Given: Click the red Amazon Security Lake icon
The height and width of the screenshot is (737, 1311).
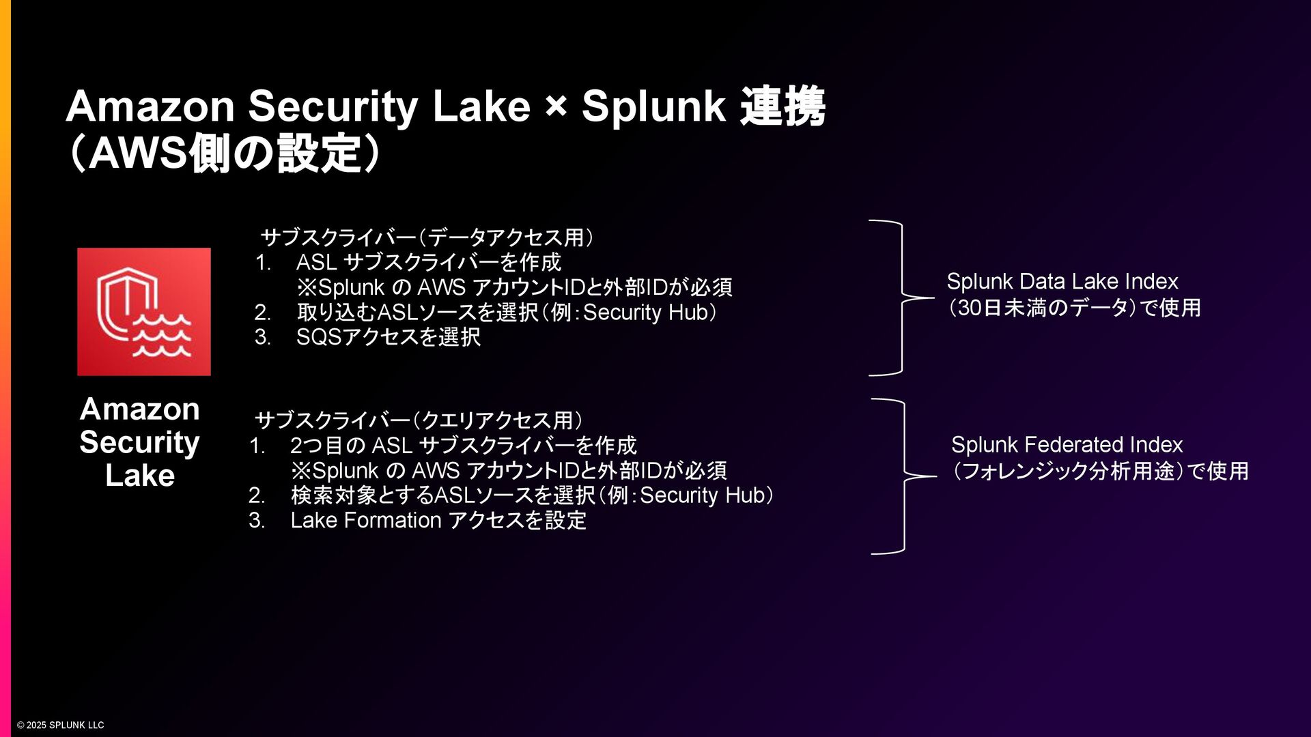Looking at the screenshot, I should (143, 311).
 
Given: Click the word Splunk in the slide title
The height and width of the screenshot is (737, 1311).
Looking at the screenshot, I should (653, 106).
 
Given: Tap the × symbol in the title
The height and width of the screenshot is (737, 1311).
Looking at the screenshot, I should (556, 106).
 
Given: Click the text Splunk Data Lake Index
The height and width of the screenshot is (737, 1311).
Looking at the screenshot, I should (1062, 281).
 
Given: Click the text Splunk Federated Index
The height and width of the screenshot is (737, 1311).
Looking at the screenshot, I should (1067, 444).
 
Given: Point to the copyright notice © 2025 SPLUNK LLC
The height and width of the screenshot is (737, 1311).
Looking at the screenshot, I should (61, 725).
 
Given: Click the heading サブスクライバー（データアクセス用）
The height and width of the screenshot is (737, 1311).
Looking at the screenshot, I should (427, 237).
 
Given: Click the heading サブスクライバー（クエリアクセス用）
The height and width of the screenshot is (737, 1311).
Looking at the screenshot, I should (419, 420).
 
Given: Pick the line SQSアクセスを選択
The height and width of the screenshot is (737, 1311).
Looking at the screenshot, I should (388, 336).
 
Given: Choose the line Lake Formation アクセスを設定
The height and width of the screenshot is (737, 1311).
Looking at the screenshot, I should (438, 520).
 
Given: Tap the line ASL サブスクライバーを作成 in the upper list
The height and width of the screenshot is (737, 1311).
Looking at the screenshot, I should (428, 262).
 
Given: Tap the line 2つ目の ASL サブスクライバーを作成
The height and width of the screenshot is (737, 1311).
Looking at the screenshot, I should (463, 446).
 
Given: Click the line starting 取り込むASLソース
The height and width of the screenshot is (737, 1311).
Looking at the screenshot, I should (506, 312).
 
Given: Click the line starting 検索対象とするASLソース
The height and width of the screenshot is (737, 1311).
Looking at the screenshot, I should (531, 495).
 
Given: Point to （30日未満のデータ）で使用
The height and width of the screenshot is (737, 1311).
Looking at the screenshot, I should (1073, 308).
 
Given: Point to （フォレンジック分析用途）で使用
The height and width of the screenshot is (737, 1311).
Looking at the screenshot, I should (1099, 471).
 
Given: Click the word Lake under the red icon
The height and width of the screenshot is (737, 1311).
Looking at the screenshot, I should (140, 475).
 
